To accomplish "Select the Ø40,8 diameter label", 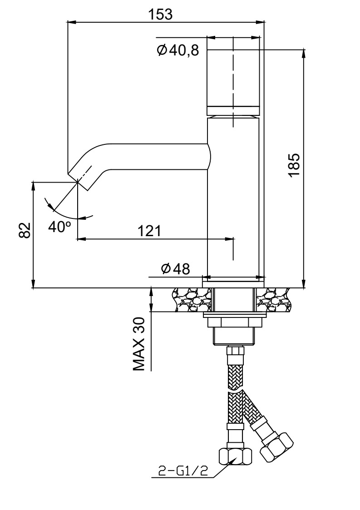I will click(x=178, y=50).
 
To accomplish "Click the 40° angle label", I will click(x=60, y=227).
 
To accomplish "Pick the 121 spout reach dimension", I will click(x=150, y=231).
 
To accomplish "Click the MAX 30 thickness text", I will click(x=138, y=344).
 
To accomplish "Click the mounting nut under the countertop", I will click(x=233, y=322).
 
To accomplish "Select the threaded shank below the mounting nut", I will click(x=233, y=336).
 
